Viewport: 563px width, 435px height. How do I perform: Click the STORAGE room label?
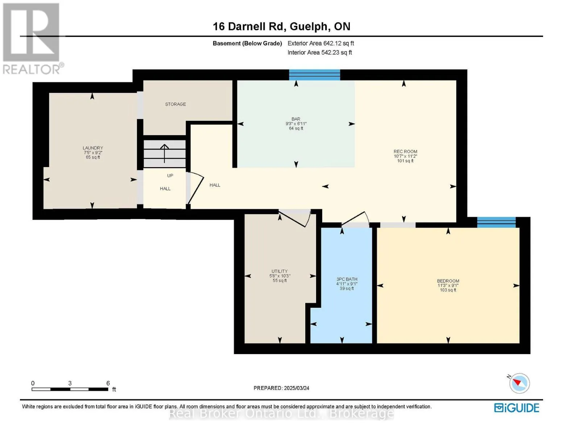(175, 104)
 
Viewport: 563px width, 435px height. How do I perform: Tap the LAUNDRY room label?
(93, 148)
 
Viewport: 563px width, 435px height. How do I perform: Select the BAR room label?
(296, 119)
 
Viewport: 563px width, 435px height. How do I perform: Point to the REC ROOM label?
(405, 152)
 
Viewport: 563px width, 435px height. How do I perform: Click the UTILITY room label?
(280, 271)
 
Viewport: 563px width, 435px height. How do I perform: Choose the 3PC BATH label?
(347, 279)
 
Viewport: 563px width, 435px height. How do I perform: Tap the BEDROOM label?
(448, 281)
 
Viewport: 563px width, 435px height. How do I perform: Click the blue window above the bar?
(315, 75)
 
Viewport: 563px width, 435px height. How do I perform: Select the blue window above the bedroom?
(496, 222)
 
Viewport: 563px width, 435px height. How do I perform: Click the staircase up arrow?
(164, 153)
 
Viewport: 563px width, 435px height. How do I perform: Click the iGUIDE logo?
(517, 408)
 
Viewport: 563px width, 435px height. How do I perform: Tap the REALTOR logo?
(32, 39)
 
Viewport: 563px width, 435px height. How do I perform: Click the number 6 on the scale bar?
(108, 383)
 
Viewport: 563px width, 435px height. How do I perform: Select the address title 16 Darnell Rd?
(248, 26)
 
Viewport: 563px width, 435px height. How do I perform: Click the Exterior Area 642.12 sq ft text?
(321, 43)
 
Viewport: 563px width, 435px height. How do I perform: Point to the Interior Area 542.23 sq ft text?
(320, 53)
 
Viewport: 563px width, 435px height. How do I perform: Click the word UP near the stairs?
(170, 176)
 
